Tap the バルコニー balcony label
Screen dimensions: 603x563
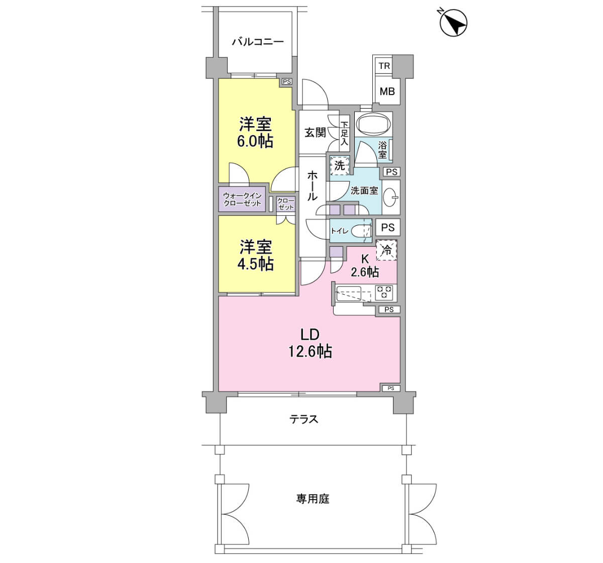pyautogui.click(x=258, y=42)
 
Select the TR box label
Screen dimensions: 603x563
pyautogui.click(x=384, y=66)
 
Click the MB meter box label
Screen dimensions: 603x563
pyautogui.click(x=387, y=91)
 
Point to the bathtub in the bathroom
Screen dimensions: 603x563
pyautogui.click(x=373, y=124)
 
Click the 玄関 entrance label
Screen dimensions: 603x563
pyautogui.click(x=315, y=133)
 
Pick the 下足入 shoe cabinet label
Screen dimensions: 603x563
pyautogui.click(x=344, y=133)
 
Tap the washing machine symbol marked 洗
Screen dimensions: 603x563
pyautogui.click(x=340, y=165)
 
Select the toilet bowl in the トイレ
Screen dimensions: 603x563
pyautogui.click(x=360, y=231)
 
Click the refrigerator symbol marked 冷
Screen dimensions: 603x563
pyautogui.click(x=386, y=250)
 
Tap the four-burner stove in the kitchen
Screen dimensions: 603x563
pyautogui.click(x=383, y=293)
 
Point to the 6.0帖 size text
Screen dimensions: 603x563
pyautogui.click(x=255, y=141)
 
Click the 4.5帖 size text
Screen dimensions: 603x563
pyautogui.click(x=255, y=264)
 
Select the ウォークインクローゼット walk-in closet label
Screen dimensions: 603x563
pyautogui.click(x=242, y=200)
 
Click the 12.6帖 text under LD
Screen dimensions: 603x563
pyautogui.click(x=310, y=351)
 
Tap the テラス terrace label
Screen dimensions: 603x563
pyautogui.click(x=304, y=419)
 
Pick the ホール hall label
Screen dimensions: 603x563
pyautogui.click(x=312, y=185)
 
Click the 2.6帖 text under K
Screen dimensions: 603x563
pyautogui.click(x=365, y=271)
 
